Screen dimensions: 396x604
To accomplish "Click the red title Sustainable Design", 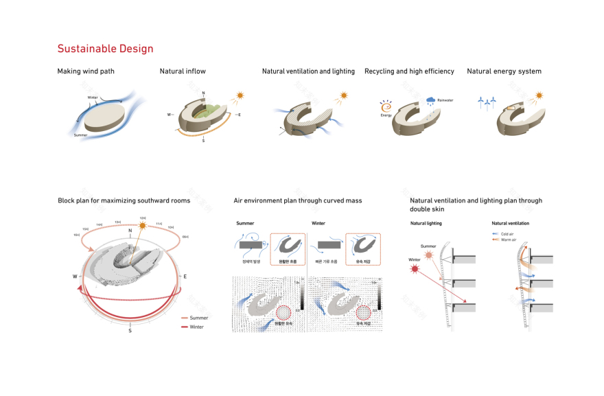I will pos(105,49).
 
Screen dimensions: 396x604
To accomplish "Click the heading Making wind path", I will pos(86,71).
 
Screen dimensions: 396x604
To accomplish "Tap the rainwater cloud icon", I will pos(430,100).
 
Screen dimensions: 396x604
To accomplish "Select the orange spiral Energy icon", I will pos(386,107).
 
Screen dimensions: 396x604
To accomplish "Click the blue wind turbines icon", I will pos(487,103).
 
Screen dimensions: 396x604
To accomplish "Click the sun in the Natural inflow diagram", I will pos(240,95).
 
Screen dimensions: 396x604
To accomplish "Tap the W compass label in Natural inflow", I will pos(168,115).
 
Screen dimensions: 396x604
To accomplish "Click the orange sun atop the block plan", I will pos(143,224).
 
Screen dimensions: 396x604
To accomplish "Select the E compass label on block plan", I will pos(185,276).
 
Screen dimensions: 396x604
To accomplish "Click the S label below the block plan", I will pos(130,331).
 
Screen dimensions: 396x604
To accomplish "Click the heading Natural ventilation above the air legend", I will pos(510,223).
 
